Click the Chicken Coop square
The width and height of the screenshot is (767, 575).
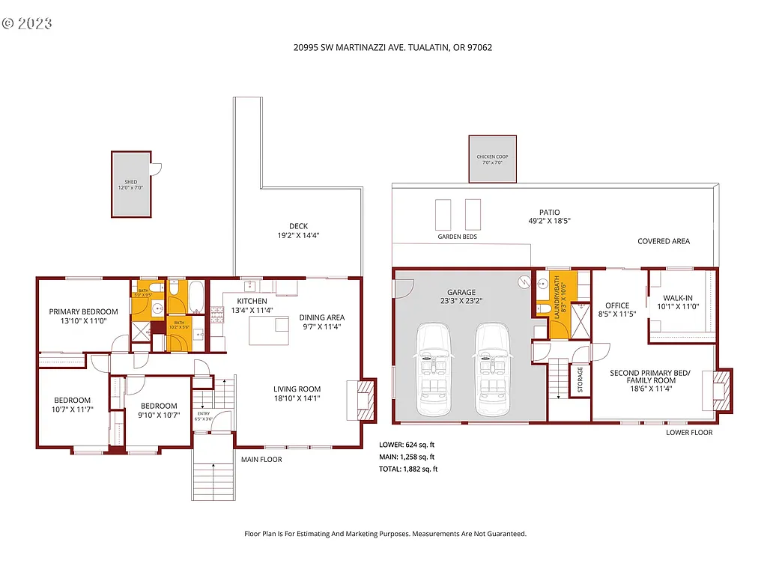point(492,159)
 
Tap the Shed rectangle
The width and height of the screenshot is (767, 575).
point(131,184)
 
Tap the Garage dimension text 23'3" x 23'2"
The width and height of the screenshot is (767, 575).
point(462,302)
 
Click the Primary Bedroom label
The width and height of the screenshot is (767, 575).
point(84,311)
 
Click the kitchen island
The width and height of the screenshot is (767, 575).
point(269,330)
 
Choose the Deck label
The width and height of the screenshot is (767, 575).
point(298,226)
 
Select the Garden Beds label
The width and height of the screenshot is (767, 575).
point(458,237)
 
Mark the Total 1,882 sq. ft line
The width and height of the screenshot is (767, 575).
point(408,469)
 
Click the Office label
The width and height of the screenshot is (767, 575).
point(618,305)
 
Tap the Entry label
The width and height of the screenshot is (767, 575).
point(204,413)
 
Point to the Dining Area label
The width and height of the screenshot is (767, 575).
point(322,317)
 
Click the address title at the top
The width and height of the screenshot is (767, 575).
point(392,46)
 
